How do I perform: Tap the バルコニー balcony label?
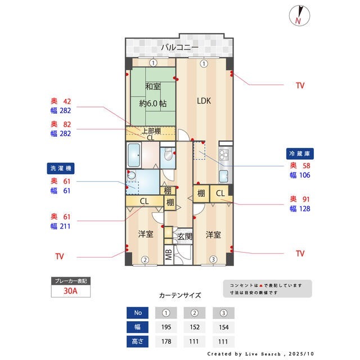pyautogui.click(x=179, y=47)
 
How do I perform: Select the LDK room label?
pyautogui.click(x=204, y=101)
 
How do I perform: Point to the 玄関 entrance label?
pyautogui.click(x=185, y=237)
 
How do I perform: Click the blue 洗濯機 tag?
pyautogui.click(x=60, y=168)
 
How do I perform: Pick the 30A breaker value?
pyautogui.click(x=71, y=291)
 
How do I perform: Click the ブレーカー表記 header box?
pyautogui.click(x=71, y=281)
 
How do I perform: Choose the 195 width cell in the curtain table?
pyautogui.click(x=166, y=327)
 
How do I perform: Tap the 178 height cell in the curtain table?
pyautogui.click(x=166, y=341)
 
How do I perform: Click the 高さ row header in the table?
pyautogui.click(x=138, y=341)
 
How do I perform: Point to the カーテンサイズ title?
pyautogui.click(x=180, y=295)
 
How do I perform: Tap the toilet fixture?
pyautogui.click(x=168, y=157)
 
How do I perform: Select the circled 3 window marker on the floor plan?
pyautogui.click(x=213, y=259)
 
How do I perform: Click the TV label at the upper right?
pyautogui.click(x=300, y=85)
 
